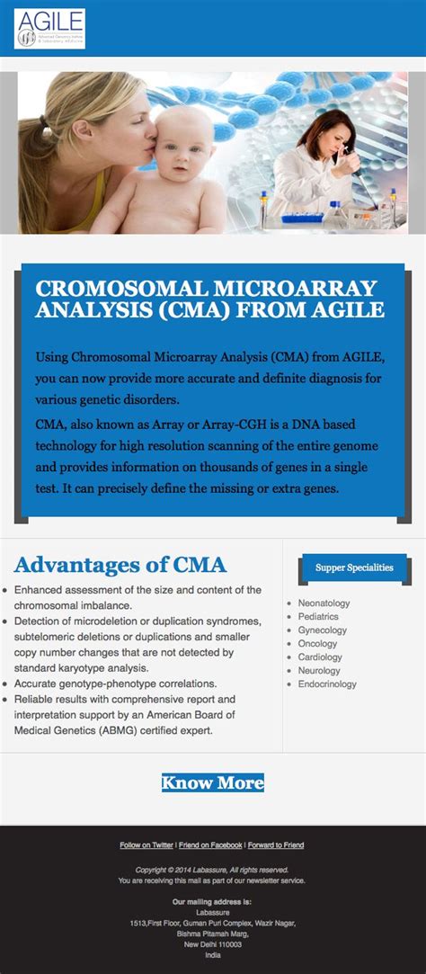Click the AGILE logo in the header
point(49,29)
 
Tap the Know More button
point(212,782)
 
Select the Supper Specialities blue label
point(354,567)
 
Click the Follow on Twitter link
point(146,845)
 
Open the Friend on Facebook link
point(210,845)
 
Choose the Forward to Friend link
point(276,845)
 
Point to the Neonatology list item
point(324,603)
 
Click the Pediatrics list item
point(318,617)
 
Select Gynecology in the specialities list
point(322,630)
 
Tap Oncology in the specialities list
point(317,644)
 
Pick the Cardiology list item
point(320,657)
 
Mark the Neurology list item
point(319,671)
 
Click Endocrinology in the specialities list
point(327,684)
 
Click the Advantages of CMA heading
point(120,565)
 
